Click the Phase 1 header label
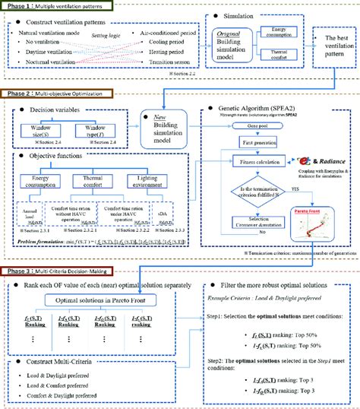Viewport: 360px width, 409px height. pos(58,5)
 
